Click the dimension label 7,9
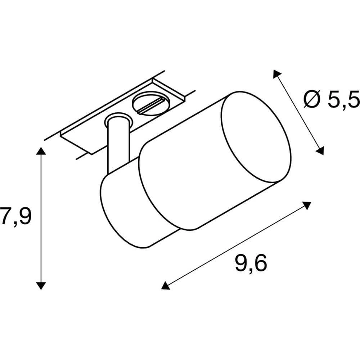coord(16,216)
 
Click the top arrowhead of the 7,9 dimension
coord(41,151)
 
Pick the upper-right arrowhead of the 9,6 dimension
coord(307,206)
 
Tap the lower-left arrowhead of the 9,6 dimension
coord(165,285)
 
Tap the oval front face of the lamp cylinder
coord(255,136)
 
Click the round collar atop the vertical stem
coord(116,120)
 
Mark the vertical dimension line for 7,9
coord(41,216)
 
